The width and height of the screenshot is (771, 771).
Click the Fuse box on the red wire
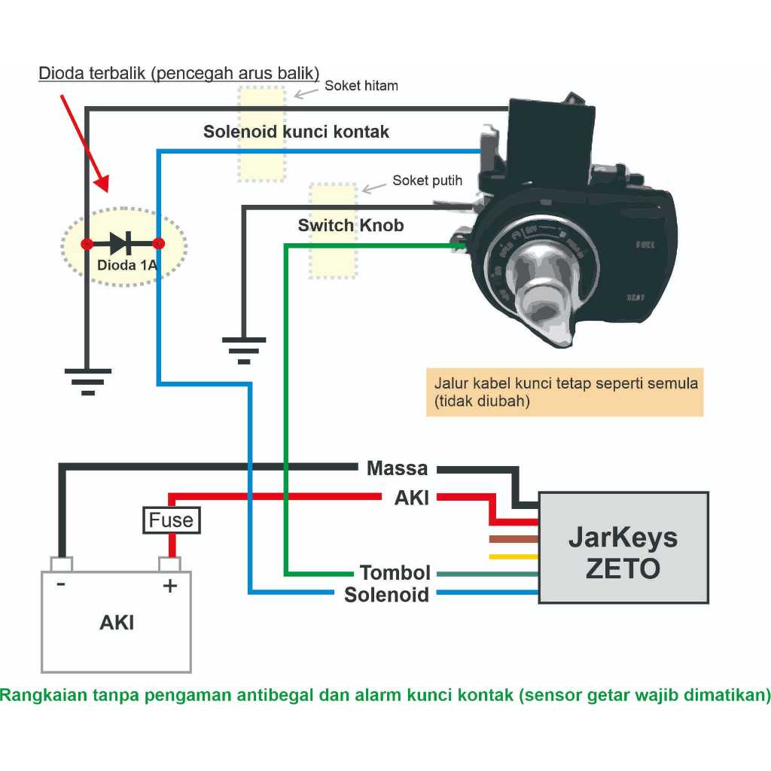171,520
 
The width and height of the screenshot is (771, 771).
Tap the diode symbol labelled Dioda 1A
121,243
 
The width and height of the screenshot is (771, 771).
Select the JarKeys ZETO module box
623,547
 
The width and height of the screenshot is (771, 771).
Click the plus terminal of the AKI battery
169,565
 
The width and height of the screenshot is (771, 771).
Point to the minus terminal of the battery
61,565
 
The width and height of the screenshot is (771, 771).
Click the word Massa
397,468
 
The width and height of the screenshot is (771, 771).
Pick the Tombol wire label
395,573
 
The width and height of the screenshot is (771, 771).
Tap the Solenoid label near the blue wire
386,595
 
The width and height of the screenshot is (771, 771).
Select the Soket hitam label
361,86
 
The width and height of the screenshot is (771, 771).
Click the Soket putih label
427,181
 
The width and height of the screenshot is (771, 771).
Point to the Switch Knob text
351,225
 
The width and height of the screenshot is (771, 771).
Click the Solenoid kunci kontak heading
296,132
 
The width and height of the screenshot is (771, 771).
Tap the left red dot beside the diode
87,244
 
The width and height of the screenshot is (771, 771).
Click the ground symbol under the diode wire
87,380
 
